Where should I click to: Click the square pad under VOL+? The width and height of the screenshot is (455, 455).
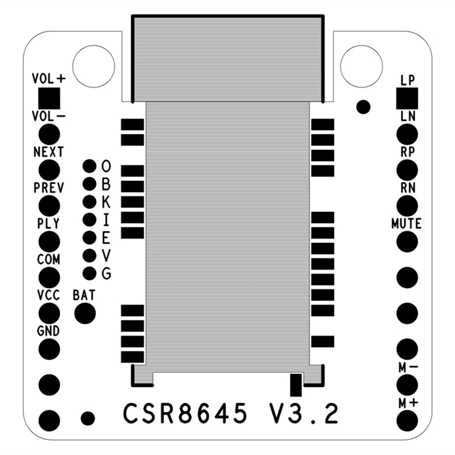(x=49, y=98)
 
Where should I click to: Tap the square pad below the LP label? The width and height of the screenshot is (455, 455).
(x=407, y=98)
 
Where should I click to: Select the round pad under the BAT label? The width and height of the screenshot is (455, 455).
(x=85, y=313)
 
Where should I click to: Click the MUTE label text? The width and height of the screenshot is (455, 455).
(x=406, y=224)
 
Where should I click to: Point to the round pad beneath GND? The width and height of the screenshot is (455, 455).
(x=49, y=349)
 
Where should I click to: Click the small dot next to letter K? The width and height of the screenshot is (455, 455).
(x=89, y=202)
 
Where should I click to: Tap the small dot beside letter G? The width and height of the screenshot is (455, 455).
(x=89, y=274)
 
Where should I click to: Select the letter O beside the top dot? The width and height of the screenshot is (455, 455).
(x=106, y=166)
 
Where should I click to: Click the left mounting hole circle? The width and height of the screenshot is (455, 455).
(x=94, y=66)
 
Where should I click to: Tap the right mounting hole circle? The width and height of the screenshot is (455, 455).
(x=362, y=66)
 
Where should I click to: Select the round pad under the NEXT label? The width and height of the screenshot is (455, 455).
(x=49, y=170)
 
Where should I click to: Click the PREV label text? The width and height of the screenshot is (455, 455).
(x=49, y=188)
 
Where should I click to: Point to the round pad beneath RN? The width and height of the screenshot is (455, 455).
(x=407, y=206)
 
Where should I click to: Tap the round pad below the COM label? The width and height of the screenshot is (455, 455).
(x=49, y=278)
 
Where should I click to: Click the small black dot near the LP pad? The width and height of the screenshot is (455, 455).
(x=363, y=107)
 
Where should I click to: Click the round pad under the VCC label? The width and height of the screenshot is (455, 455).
(x=49, y=313)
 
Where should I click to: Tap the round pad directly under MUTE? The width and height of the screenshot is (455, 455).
(x=407, y=242)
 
